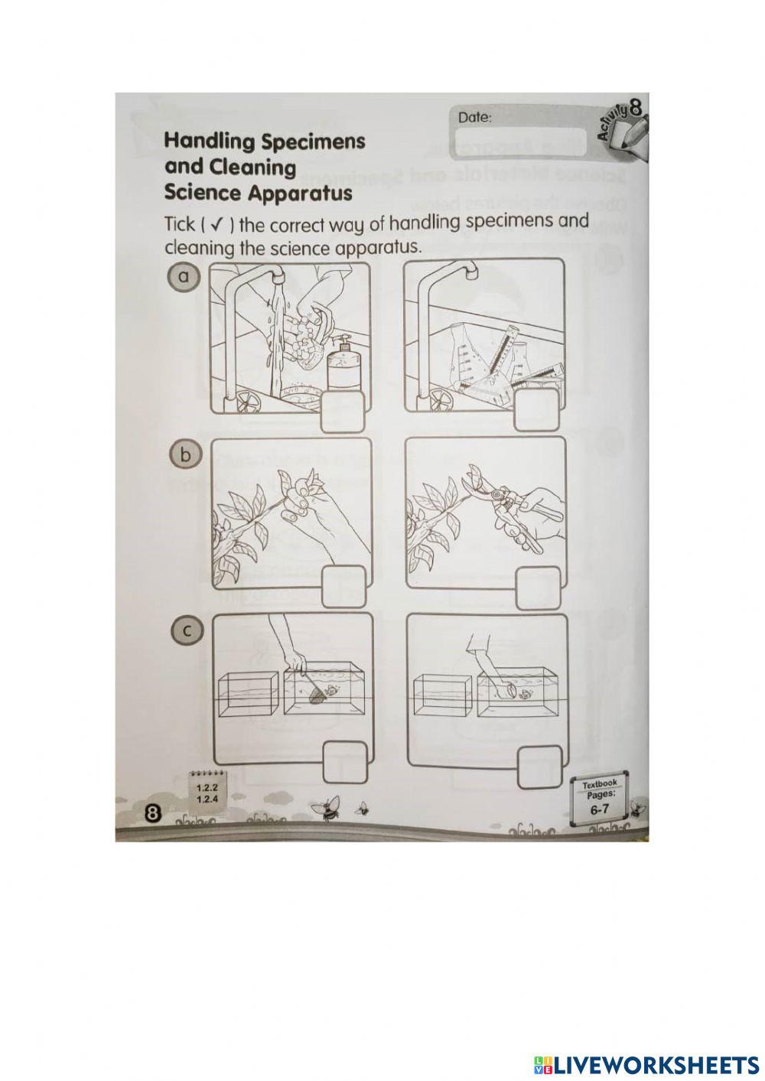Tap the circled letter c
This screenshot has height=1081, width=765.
[x=184, y=630]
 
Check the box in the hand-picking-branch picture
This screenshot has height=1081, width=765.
[x=344, y=588]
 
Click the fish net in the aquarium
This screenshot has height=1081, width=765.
[x=315, y=695]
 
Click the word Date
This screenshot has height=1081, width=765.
[x=474, y=118]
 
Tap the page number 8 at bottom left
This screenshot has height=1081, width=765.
[x=152, y=814]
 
